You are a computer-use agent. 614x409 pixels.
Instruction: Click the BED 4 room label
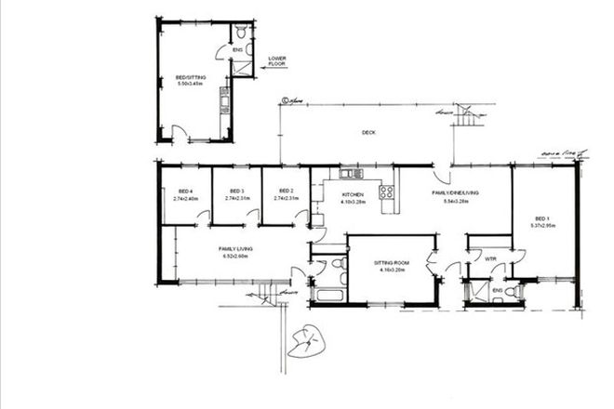(186, 190)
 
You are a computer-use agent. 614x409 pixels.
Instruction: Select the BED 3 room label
(236, 190)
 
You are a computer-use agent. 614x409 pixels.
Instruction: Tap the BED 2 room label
(286, 190)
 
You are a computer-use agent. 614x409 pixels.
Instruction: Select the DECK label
(368, 133)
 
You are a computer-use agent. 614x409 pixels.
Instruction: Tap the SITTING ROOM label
(391, 263)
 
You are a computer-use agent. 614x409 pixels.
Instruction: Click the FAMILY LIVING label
(236, 249)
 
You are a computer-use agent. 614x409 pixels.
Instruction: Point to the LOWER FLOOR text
(277, 61)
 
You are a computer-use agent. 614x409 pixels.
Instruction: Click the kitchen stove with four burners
(386, 193)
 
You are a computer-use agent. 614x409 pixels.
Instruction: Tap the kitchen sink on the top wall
(352, 174)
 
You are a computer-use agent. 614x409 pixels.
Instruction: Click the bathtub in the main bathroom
(330, 296)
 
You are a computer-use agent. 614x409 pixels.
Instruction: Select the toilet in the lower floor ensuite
(239, 31)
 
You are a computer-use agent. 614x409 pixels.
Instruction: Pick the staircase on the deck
(472, 116)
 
